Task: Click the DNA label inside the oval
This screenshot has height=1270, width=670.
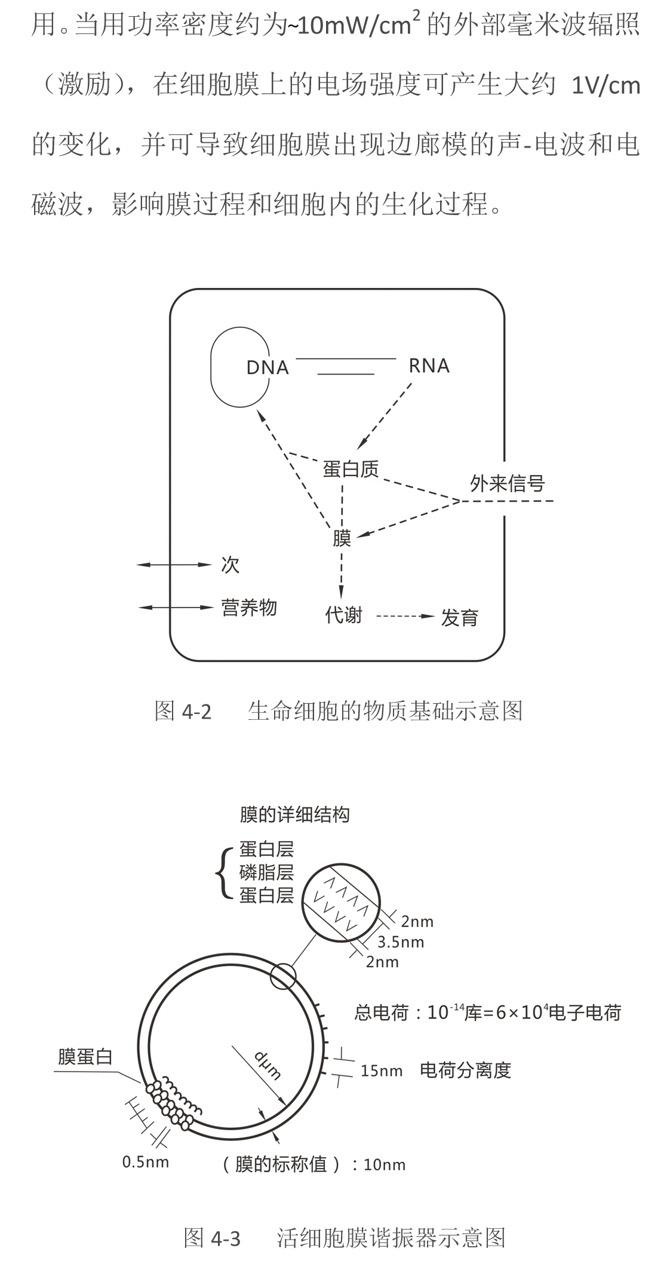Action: click(268, 367)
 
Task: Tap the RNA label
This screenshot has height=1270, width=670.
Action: click(429, 366)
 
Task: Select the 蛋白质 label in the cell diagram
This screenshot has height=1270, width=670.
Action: click(351, 469)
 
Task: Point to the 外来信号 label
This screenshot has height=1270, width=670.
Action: click(507, 483)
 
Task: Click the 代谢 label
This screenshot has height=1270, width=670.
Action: click(343, 615)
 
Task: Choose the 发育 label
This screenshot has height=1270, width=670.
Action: click(460, 618)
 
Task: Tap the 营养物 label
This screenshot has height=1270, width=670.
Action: click(249, 608)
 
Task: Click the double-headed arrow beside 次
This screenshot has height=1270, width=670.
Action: click(174, 565)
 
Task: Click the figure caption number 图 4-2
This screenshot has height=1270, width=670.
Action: click(183, 711)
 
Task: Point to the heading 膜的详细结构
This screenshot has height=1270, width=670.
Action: click(294, 815)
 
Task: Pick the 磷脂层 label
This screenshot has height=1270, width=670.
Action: click(266, 872)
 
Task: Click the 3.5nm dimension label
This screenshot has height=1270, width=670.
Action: click(401, 942)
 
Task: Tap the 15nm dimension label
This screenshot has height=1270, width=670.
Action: click(381, 1070)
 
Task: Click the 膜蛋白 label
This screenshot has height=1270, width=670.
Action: click(85, 1057)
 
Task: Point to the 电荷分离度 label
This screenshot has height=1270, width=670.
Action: click(466, 1070)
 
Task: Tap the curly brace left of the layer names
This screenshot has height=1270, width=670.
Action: click(222, 872)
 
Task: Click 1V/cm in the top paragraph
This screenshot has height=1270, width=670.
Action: click(606, 85)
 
